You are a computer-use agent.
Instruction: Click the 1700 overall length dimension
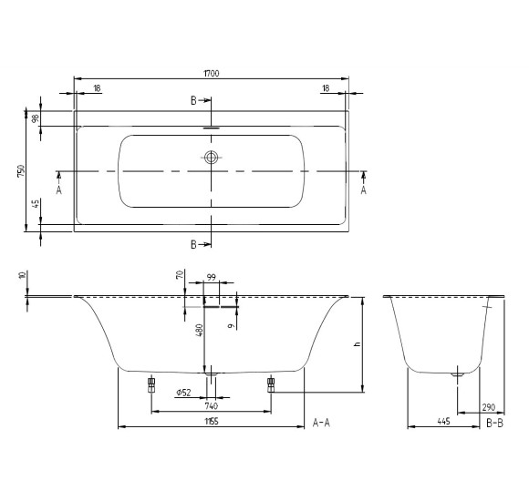[x=212, y=70]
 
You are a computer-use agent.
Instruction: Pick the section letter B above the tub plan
[x=194, y=101]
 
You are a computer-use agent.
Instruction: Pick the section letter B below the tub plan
[x=194, y=245]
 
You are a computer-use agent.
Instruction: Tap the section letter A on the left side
[x=58, y=190]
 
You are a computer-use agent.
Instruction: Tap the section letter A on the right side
[x=363, y=190]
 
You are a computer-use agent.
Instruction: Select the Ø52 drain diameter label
[x=182, y=393]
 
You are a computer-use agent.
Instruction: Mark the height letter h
[x=358, y=344]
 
